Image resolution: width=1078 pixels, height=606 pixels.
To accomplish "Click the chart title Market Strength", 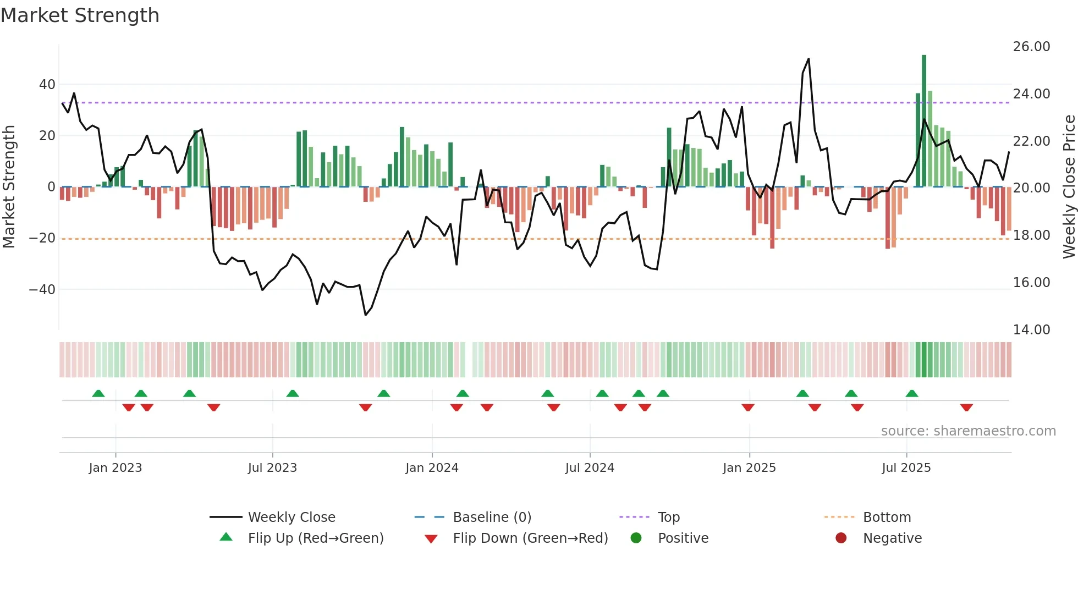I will [80, 15].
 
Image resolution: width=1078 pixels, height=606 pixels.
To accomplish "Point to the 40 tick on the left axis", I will [47, 85].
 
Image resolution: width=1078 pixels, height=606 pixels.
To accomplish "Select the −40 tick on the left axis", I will [42, 289].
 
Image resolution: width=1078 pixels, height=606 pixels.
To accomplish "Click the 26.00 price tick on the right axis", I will [1031, 47].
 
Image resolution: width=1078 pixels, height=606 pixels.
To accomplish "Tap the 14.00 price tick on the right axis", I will [1031, 330].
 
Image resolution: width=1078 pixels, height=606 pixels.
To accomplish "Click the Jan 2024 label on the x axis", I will [432, 468].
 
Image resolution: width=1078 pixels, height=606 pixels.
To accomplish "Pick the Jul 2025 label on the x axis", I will [906, 468].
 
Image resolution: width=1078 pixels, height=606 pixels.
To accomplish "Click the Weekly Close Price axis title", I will [1069, 187].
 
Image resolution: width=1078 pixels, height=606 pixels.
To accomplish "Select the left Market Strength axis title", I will [9, 187].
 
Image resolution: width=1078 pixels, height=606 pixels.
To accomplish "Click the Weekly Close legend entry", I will [291, 517].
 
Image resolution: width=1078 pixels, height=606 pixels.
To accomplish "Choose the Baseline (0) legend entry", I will [492, 517].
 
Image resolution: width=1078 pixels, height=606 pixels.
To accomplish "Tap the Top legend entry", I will [669, 517].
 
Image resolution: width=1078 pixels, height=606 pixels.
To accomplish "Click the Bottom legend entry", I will [887, 517].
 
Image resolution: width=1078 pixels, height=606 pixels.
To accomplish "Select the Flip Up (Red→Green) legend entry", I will [315, 538].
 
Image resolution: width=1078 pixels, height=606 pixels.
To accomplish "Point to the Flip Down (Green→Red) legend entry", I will [530, 538].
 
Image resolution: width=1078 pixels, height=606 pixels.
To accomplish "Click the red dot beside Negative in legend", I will [841, 538].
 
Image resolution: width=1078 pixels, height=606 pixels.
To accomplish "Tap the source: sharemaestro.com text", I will [968, 431].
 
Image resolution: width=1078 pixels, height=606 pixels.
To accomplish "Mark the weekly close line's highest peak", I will [809, 59].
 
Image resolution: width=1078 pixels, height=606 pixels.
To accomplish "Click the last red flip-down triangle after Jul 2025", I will [966, 407].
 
